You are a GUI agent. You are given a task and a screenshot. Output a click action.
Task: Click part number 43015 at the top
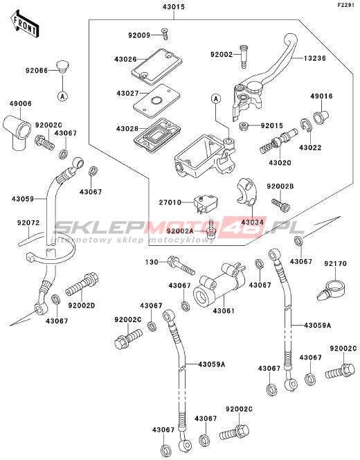[x=174, y=6]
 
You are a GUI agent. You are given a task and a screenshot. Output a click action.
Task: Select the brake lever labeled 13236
[x=264, y=77]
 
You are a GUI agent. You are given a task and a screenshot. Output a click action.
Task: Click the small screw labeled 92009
[x=165, y=34]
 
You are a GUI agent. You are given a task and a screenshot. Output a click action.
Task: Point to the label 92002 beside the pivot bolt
[x=222, y=55]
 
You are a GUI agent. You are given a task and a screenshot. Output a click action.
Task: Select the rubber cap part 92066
[x=62, y=67]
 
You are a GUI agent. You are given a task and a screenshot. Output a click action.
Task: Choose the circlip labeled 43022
[x=307, y=125]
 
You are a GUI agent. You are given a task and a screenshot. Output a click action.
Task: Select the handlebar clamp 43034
[x=247, y=191]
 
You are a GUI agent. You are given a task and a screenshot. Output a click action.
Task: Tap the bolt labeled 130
[x=181, y=265]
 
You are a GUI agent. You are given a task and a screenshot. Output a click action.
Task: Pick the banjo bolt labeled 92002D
[x=82, y=284]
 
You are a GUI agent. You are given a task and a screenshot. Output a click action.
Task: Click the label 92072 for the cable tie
[x=28, y=223]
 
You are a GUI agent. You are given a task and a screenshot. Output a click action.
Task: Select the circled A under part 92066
[x=62, y=96]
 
